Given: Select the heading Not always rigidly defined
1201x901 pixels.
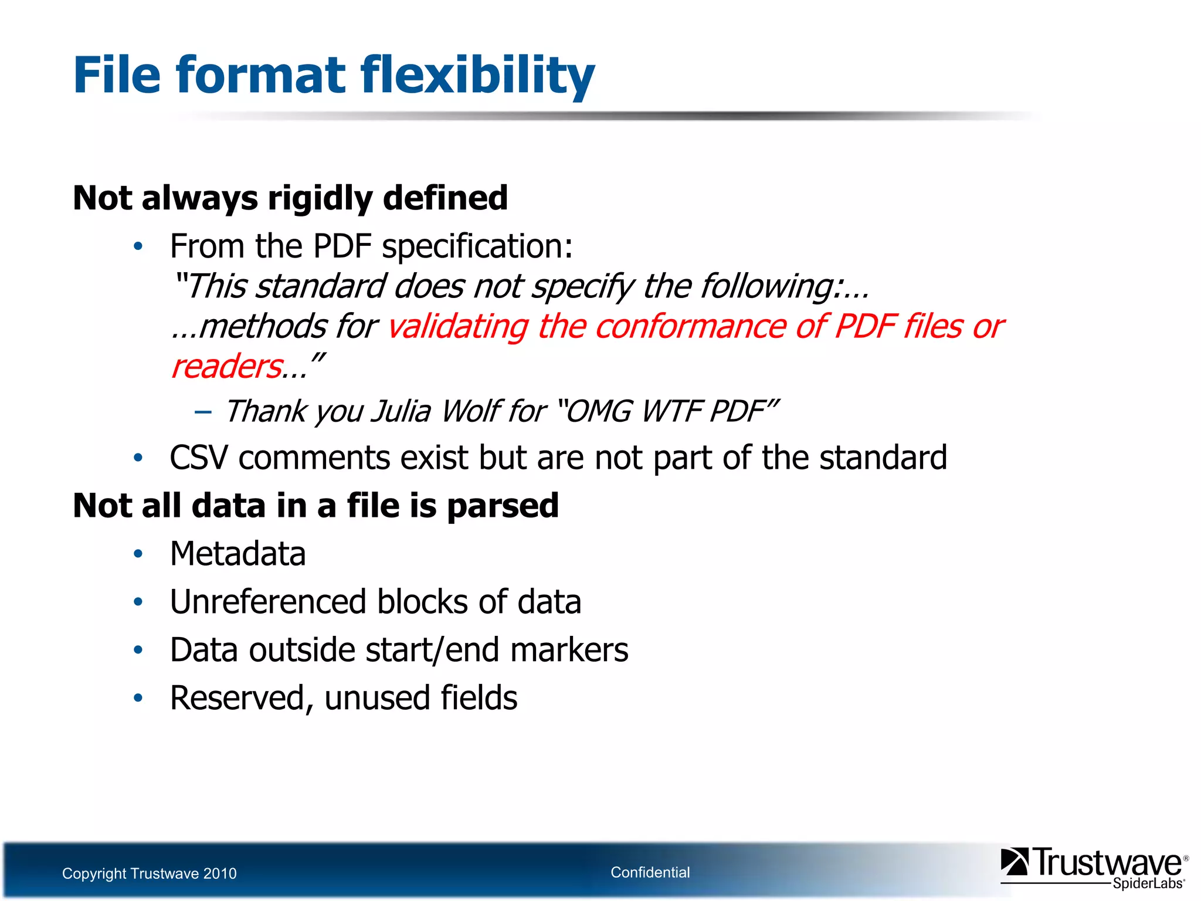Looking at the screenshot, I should pos(290,198).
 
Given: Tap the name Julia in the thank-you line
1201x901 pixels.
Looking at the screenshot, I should pos(401,411).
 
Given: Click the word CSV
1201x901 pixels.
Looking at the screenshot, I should pos(198,458).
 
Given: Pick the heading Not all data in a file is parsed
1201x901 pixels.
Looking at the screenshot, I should pos(315,506).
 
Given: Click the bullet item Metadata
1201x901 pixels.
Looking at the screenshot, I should pos(238,554).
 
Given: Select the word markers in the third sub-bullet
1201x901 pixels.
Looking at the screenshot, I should pos(569,650).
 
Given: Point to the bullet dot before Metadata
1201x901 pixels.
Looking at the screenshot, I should pos(138,554).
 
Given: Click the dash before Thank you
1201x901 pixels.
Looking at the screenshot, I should pos(203,411).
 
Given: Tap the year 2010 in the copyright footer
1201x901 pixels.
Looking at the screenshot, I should pos(219,873).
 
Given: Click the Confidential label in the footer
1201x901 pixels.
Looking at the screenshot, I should pos(650,872).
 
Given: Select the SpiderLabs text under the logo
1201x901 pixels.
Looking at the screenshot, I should pos(1148,883).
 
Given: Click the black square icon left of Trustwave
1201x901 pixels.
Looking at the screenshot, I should pos(1014,862).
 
